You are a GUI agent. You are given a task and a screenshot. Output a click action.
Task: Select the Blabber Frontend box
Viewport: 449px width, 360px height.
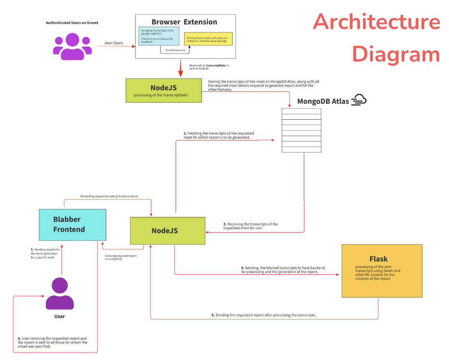click(73, 225)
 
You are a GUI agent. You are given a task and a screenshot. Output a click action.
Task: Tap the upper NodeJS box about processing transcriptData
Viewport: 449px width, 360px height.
click(163, 90)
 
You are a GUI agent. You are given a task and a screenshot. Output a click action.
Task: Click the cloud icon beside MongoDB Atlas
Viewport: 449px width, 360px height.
click(359, 100)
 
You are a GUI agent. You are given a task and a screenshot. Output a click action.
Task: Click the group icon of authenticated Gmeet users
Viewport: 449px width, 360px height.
click(72, 46)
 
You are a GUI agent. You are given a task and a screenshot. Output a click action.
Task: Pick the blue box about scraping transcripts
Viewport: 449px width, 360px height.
click(158, 36)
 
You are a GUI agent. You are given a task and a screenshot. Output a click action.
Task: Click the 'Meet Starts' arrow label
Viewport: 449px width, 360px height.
click(114, 43)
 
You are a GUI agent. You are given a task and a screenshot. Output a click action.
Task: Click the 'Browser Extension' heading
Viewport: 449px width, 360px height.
click(184, 22)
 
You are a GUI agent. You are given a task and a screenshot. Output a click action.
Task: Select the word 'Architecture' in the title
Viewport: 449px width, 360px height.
click(376, 22)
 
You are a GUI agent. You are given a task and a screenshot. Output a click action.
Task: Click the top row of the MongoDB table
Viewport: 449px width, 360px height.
click(301, 111)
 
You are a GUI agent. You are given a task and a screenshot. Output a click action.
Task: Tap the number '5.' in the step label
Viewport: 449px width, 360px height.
click(213, 315)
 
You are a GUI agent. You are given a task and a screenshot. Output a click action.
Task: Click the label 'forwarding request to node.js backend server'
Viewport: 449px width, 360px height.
click(109, 196)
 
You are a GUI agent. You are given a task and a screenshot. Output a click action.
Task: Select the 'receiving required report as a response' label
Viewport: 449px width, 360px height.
click(121, 257)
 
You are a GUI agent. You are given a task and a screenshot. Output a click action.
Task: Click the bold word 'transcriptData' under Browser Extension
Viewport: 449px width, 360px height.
click(216, 65)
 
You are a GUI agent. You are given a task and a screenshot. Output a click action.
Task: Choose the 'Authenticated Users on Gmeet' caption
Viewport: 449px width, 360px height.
click(72, 23)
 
